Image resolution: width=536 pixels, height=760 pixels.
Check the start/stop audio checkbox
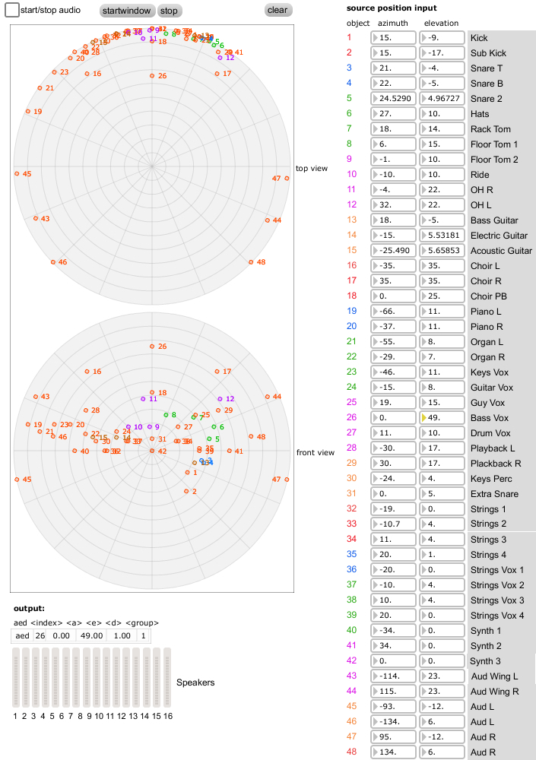[x=12, y=11]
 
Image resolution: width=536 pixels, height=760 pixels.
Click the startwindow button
[x=127, y=11]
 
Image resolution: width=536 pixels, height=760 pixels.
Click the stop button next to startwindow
[x=169, y=11]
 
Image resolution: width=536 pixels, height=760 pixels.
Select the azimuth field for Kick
[x=393, y=38]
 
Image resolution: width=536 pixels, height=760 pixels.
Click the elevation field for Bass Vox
[x=441, y=418]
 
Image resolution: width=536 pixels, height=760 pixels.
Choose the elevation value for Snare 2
[x=441, y=99]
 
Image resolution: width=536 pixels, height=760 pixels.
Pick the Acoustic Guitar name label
[x=501, y=251]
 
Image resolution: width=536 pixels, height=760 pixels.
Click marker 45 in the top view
[x=17, y=174]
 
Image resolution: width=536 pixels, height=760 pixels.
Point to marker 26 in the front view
[x=151, y=347]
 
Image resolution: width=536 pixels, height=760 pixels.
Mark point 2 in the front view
[x=186, y=491]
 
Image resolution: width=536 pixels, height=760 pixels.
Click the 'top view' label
[x=312, y=168]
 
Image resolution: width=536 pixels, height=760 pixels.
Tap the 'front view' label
[x=315, y=453]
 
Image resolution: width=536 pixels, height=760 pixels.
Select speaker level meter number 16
[x=167, y=678]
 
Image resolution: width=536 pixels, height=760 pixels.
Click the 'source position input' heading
[x=391, y=8]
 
